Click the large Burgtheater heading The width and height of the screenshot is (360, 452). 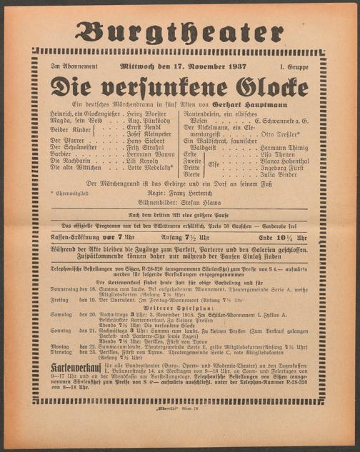pos(180,31)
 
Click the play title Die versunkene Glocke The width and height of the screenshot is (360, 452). pos(180,87)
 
